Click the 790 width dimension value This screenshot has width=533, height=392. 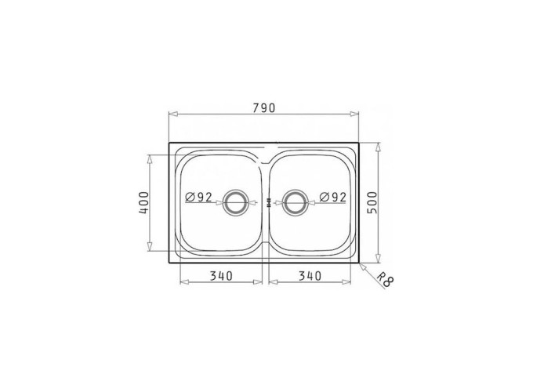coord(264,109)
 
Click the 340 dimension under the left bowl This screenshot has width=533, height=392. coord(221,275)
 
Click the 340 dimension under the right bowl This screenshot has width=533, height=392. coord(310,275)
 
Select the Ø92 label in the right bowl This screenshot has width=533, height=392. coord(333,197)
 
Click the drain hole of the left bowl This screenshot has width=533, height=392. coord(234,202)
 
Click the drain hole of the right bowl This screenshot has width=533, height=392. coord(296,202)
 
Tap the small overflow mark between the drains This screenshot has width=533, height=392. coord(269,202)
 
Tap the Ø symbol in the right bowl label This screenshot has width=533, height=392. coord(323,197)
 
